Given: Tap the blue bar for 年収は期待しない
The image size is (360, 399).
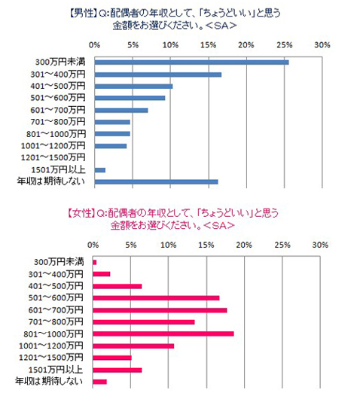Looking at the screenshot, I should (x=155, y=181).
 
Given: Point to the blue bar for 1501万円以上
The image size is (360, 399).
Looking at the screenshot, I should (x=99, y=170).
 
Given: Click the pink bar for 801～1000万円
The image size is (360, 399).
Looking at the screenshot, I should (x=163, y=334).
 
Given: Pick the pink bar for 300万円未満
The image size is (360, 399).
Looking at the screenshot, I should (x=94, y=262).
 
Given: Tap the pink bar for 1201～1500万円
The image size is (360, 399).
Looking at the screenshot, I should (x=111, y=358).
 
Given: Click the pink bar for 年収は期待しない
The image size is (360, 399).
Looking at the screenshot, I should (x=99, y=382).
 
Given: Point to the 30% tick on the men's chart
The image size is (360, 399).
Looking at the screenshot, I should (x=322, y=44).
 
